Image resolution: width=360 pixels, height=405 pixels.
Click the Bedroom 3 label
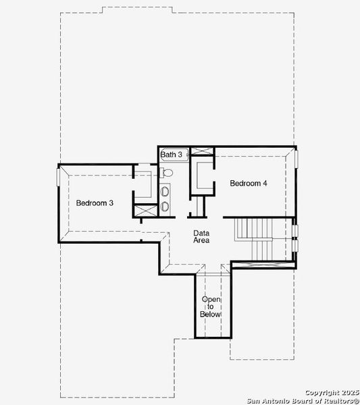point(94,202)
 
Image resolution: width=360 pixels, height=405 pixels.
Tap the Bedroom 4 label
point(248,183)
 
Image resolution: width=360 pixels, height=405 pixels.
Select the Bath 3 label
point(170,155)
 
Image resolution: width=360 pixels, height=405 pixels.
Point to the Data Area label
point(201,236)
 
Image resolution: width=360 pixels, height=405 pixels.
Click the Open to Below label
point(211,306)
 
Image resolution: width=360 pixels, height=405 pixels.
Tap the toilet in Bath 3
point(168,173)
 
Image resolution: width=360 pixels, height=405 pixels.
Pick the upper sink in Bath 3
point(165,192)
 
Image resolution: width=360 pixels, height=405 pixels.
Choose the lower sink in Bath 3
point(165,207)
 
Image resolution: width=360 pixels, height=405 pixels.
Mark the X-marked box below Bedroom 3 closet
point(145,210)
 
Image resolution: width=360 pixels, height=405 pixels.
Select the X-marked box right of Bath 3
point(201,151)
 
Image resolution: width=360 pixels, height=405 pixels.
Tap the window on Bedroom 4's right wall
point(295,159)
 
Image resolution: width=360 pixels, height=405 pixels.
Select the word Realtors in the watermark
point(336,400)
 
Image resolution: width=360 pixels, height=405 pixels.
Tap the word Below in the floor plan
point(211,315)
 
